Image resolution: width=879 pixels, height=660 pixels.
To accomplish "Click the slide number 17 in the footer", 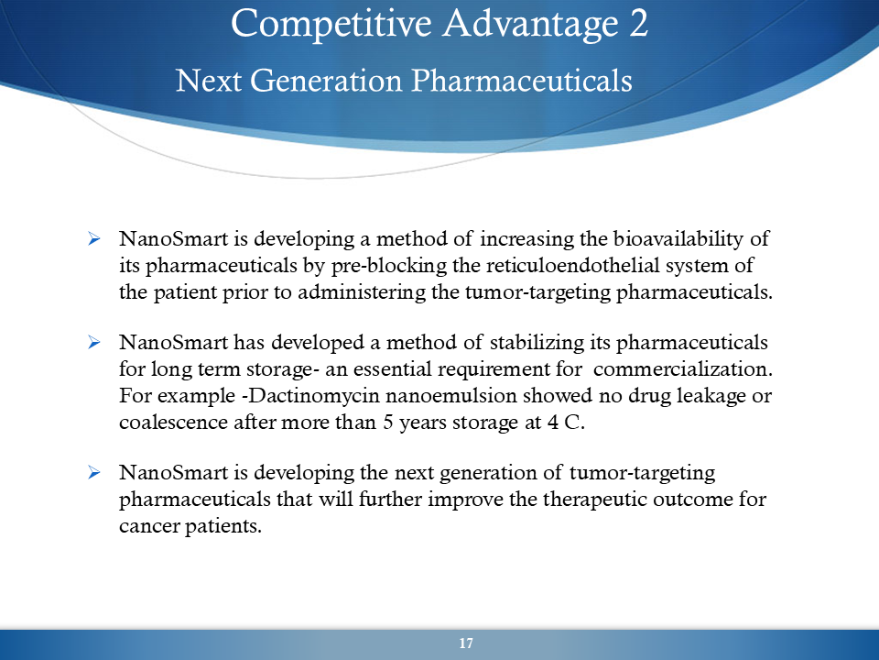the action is click(x=466, y=643).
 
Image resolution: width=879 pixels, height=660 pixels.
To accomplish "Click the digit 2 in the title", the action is click(x=638, y=24).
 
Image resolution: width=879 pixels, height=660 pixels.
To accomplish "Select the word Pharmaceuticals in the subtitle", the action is click(x=522, y=81).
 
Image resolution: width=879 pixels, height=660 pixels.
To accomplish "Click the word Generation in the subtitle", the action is click(x=326, y=81).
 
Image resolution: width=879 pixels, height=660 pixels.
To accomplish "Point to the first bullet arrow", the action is click(x=94, y=239).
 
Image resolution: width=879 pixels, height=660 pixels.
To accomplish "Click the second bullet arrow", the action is click(x=94, y=342).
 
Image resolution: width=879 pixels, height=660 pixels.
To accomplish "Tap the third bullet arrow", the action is click(x=94, y=473).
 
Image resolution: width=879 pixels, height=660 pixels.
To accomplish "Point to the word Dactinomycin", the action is click(x=310, y=396).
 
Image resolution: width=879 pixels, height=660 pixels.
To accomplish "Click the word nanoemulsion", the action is click(x=450, y=396).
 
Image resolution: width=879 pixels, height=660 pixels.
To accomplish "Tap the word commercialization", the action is click(x=683, y=369).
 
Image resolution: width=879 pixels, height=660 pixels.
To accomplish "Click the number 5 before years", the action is click(x=388, y=422).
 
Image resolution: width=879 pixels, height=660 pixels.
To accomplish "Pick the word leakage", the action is click(x=711, y=396).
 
